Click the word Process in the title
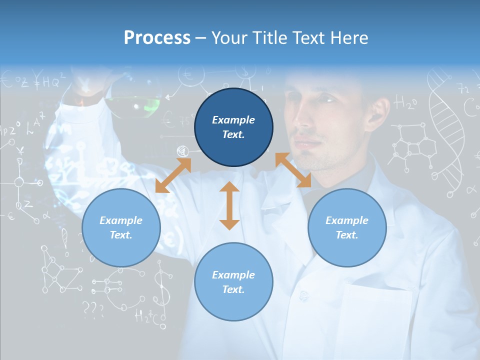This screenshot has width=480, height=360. point(157,38)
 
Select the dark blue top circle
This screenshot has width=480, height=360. point(233,127)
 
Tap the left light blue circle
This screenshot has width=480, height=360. point(121,227)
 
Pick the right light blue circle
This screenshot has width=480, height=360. point(347,227)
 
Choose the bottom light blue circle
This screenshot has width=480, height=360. point(233,282)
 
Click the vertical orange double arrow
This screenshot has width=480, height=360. point(229,205)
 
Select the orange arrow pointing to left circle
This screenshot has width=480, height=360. point(173,175)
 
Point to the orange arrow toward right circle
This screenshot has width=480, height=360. point(293,170)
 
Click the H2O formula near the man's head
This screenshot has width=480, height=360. point(406,103)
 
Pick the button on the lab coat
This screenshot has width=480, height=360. point(303,296)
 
